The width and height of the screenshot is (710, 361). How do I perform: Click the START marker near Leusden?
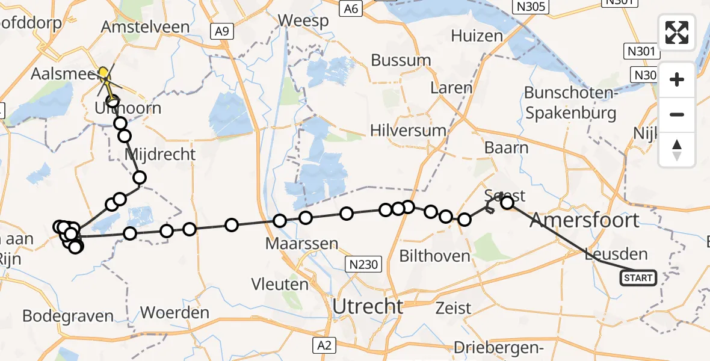click(638, 278)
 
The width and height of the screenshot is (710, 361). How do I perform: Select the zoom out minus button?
click(677, 114)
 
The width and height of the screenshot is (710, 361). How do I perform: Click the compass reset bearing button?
click(677, 150)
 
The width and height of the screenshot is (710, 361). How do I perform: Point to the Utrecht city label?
click(368, 307)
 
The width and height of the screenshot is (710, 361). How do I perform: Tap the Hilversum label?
click(408, 131)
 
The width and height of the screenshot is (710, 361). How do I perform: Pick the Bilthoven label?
click(435, 256)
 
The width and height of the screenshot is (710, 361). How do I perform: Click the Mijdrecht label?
click(160, 155)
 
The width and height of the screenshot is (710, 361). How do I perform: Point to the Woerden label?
click(174, 313)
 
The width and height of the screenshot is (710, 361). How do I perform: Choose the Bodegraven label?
click(68, 316)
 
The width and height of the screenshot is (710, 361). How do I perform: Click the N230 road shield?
click(362, 264)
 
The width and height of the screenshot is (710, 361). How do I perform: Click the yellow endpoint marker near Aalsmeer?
click(103, 73)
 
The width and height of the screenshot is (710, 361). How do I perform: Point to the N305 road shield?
click(529, 7)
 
